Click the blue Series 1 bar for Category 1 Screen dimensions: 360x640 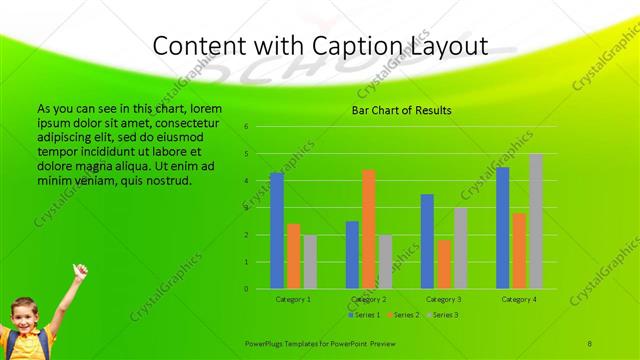coord(277,231)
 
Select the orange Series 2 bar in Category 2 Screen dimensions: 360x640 coord(369,229)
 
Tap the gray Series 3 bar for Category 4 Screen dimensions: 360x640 coord(536,221)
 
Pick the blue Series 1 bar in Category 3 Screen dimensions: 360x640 coord(427,241)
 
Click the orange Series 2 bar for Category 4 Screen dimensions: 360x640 coord(519,251)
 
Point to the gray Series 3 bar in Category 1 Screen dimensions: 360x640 coord(310,262)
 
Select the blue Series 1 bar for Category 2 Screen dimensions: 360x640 coord(352,255)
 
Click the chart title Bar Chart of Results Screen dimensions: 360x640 coord(401,110)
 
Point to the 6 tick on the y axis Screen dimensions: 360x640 coord(246,127)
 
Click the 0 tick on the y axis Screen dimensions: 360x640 coord(246,289)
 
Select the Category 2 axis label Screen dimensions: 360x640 coord(369,299)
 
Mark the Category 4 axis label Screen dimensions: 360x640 coord(519,299)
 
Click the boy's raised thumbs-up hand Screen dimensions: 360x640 coord(78,270)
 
